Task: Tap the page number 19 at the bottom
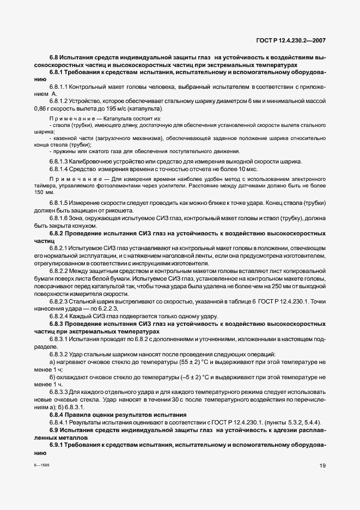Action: click(x=322, y=465)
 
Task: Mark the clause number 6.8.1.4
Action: click(x=58, y=169)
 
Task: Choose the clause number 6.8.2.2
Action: click(x=58, y=271)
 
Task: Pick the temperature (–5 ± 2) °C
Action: click(x=191, y=377)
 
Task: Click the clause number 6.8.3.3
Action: click(x=58, y=392)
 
